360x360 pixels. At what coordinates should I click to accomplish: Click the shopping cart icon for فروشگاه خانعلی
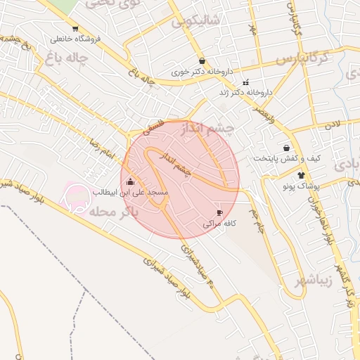(75, 29)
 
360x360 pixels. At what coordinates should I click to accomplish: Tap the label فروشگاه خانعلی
(75, 39)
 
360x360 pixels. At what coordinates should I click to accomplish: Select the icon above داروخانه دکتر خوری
(202, 62)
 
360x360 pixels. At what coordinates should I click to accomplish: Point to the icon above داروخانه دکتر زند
(245, 82)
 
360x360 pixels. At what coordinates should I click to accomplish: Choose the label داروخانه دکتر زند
(246, 92)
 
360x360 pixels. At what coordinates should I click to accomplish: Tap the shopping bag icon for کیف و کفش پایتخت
(286, 148)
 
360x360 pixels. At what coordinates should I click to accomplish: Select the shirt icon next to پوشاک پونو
(301, 175)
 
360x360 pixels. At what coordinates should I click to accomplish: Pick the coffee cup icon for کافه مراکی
(219, 213)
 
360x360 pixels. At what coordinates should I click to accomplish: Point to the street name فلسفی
(155, 127)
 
